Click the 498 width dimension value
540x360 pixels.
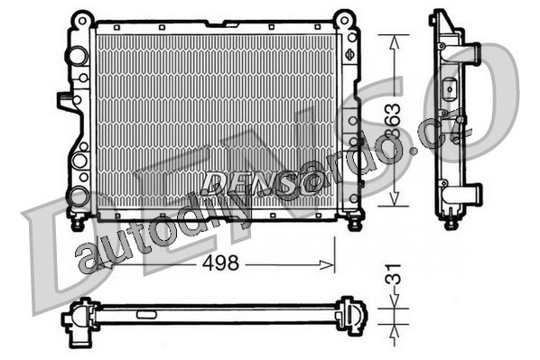220,263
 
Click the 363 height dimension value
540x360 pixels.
394,121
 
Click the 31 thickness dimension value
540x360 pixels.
394,274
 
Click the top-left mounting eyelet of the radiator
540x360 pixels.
82,21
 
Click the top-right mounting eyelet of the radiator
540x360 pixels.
344,20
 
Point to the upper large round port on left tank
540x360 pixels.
79,56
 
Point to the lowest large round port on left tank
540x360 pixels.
79,197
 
